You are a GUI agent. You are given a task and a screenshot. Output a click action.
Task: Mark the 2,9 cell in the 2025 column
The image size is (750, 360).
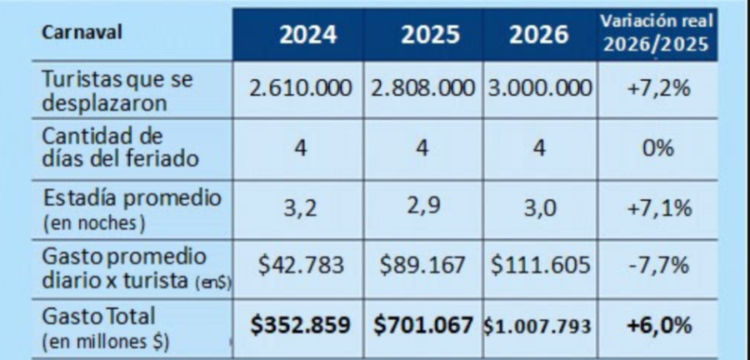coord(422,208)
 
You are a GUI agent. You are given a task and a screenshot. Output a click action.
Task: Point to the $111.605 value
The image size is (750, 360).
coord(537,267)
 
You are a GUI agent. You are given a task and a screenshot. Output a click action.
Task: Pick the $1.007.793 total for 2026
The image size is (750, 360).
coord(537,326)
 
